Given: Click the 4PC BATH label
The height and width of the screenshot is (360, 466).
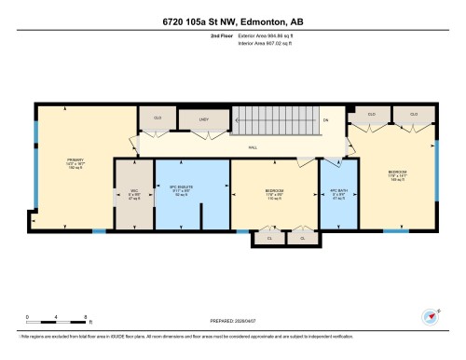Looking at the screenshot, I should [339, 194].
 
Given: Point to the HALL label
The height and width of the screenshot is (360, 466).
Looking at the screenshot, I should [252, 146].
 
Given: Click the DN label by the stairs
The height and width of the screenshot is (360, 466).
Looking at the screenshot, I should [325, 120].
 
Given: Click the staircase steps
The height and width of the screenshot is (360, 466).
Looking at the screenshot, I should [270, 119].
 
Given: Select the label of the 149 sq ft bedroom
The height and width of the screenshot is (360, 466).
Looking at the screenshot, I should [398, 174].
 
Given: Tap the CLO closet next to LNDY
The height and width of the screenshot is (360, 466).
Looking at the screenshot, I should [158, 118].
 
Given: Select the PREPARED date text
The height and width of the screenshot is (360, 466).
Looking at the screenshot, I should [232, 322].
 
